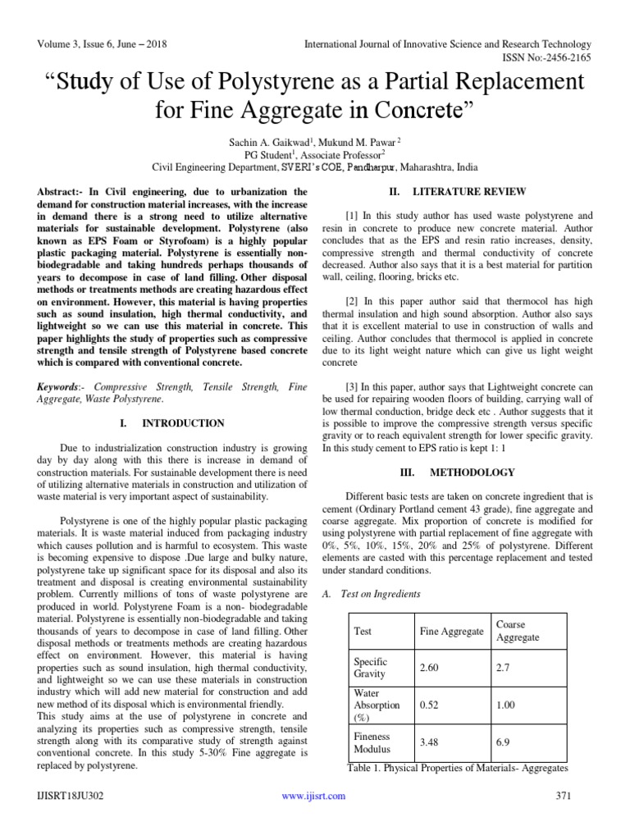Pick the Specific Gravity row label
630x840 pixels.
[x=370, y=668]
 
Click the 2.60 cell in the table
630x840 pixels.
[x=430, y=668]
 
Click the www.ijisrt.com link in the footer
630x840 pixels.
[x=313, y=796]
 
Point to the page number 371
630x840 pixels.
[x=562, y=796]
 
